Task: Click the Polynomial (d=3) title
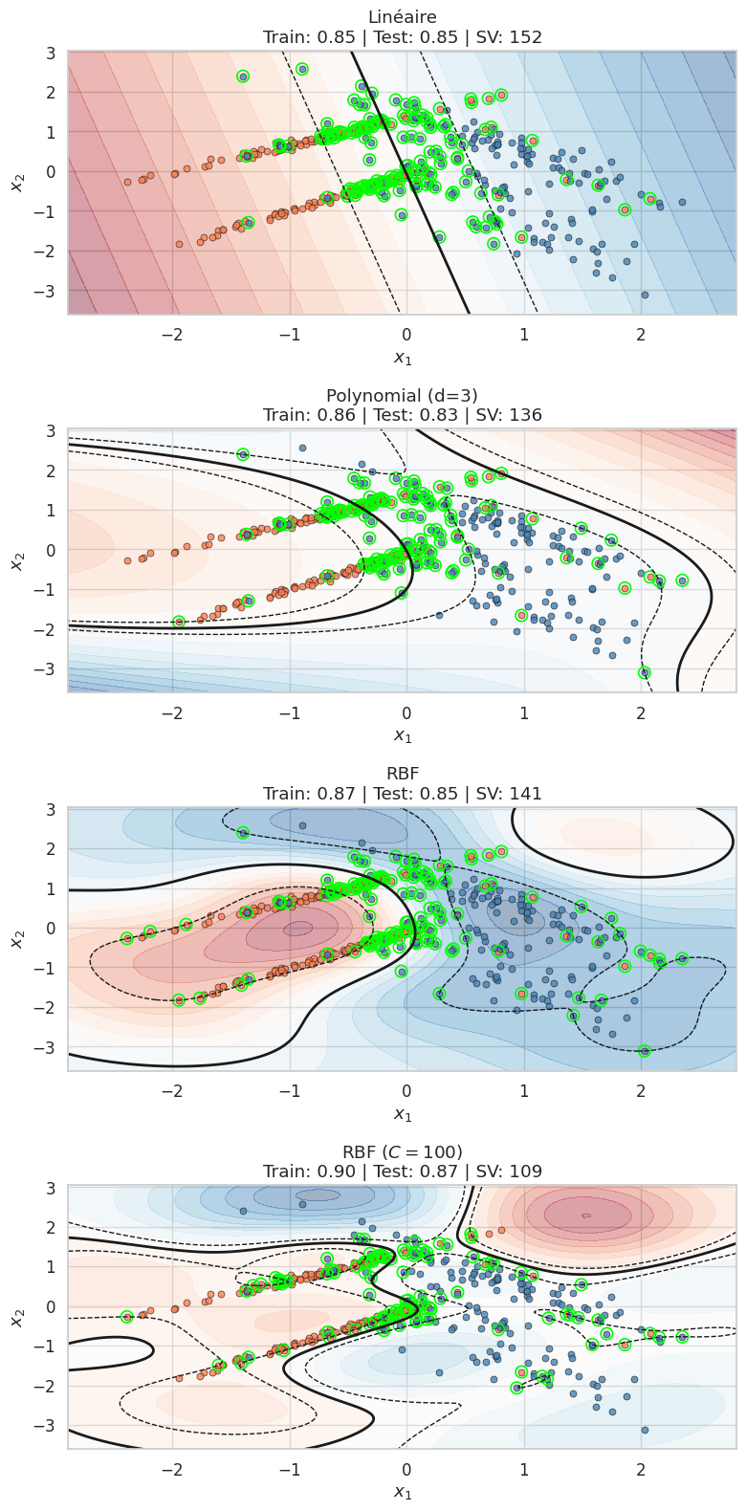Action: click(x=402, y=395)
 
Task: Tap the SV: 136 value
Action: click(x=515, y=416)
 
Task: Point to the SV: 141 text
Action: click(x=515, y=794)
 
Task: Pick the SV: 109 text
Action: click(x=515, y=1172)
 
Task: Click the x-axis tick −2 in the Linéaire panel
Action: click(x=172, y=336)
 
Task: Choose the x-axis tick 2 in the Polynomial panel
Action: click(x=641, y=713)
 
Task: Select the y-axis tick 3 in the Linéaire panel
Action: click(x=48, y=54)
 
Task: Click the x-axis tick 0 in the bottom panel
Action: click(x=406, y=1469)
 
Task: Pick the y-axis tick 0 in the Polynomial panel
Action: click(x=48, y=551)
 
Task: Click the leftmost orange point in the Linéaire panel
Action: click(x=127, y=182)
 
